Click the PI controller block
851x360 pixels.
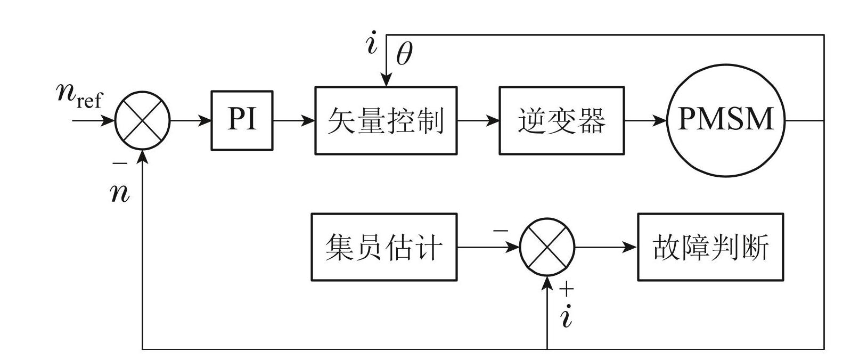[242, 120]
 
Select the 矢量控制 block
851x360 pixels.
[386, 120]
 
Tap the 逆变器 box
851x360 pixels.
[561, 120]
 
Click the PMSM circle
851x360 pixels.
[726, 120]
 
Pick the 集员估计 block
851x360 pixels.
[384, 247]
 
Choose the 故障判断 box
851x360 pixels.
[710, 247]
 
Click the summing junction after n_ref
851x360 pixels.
[143, 120]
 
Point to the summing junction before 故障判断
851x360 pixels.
[547, 247]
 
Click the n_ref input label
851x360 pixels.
[79, 96]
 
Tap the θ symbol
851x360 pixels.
[404, 54]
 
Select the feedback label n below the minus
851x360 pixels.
[120, 193]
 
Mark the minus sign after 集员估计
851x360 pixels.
[501, 231]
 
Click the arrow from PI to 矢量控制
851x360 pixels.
[294, 120]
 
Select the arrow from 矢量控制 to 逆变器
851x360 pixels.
[478, 120]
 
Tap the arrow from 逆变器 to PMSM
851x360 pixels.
[645, 120]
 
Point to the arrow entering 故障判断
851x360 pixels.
[607, 247]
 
